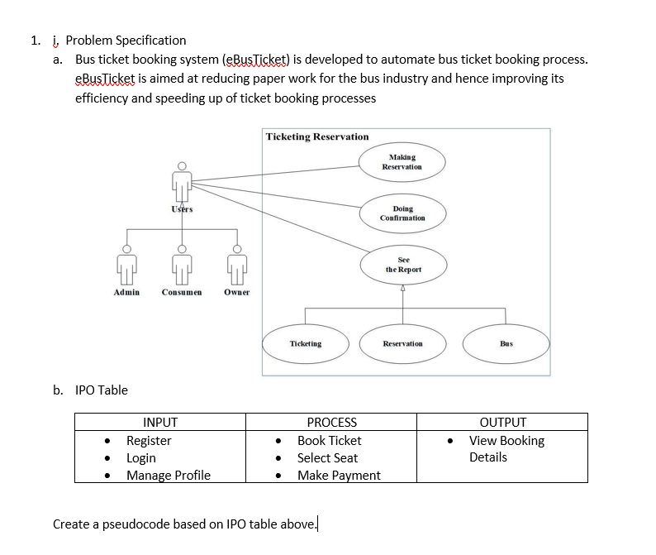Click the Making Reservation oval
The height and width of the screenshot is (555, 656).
tap(402, 162)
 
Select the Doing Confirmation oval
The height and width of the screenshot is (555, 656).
tap(402, 214)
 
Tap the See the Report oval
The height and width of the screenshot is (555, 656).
tap(402, 265)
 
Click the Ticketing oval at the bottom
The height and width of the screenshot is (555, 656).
tap(306, 343)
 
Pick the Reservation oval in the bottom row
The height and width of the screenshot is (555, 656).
tap(402, 343)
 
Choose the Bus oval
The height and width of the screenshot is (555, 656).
tap(506, 343)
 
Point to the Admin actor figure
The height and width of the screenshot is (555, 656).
tap(126, 265)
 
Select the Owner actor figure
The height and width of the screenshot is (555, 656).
tap(236, 265)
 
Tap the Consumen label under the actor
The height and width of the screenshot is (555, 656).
tap(182, 293)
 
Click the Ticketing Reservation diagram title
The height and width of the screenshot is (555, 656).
tap(317, 136)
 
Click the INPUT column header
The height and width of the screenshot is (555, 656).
tap(160, 422)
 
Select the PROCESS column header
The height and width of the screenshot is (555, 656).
tap(331, 422)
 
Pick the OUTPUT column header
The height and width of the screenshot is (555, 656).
tap(502, 422)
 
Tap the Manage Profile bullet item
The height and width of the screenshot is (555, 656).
tap(168, 475)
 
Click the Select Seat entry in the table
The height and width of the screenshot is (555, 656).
tap(327, 457)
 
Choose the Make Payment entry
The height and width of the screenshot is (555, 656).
tap(339, 475)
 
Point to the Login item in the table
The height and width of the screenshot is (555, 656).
tap(140, 457)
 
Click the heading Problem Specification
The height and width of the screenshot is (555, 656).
tap(126, 40)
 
